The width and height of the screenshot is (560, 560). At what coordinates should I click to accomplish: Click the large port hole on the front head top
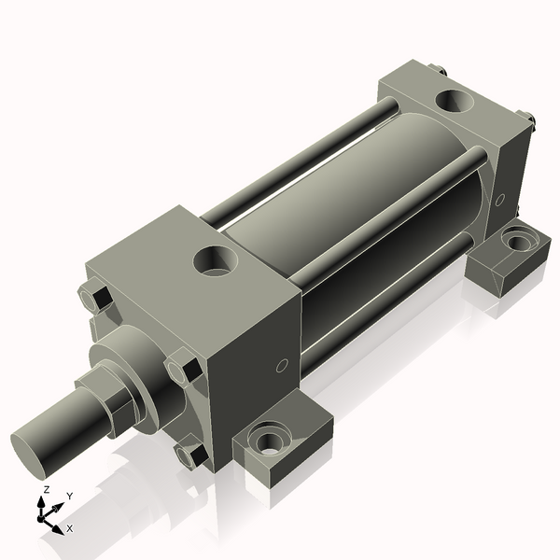[x=217, y=259]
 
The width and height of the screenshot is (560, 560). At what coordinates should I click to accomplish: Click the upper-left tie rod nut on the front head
[x=96, y=299]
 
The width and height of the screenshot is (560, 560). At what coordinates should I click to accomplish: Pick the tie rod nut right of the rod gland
[x=184, y=370]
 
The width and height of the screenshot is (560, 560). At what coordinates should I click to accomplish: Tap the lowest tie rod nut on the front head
[x=192, y=454]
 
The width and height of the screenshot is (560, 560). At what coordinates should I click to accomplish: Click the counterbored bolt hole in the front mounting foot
[x=271, y=438]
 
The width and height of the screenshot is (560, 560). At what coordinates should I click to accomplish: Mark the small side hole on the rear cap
[x=500, y=200]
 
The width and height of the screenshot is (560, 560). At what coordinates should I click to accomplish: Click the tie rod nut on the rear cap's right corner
[x=528, y=119]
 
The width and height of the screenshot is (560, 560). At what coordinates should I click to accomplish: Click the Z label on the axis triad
[x=46, y=490]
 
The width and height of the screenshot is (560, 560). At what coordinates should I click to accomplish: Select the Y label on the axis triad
[x=69, y=496]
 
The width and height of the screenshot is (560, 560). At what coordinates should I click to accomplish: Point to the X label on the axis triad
[x=70, y=528]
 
